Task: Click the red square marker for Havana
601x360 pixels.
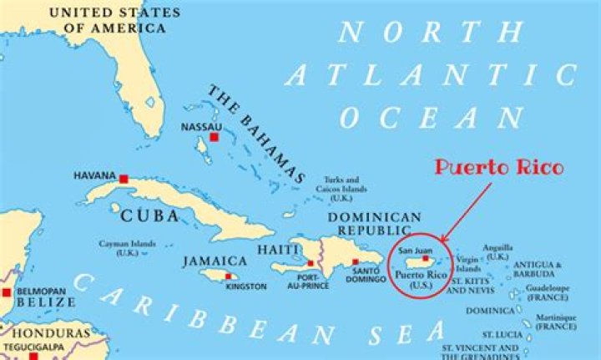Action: [124, 179]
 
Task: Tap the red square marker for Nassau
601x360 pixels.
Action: [214, 137]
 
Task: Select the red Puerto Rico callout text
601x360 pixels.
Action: [498, 168]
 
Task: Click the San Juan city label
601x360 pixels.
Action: [416, 251]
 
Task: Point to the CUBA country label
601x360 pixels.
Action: [150, 215]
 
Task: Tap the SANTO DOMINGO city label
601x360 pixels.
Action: [366, 276]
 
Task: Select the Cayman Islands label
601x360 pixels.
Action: [128, 246]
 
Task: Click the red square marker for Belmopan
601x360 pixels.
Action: [7, 292]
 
